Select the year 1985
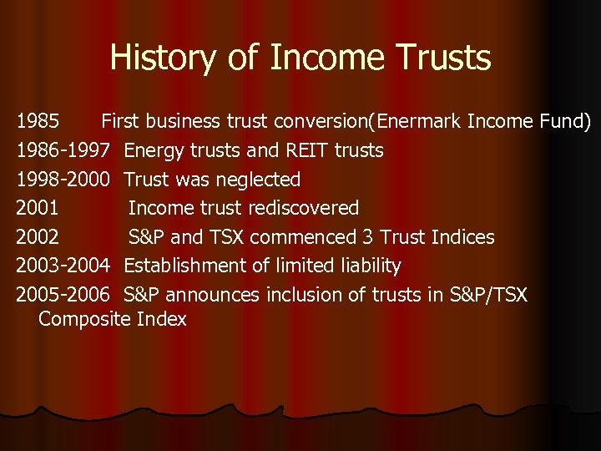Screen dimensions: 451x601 (x=38, y=122)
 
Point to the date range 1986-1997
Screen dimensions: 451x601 (x=63, y=151)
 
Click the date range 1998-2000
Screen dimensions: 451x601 (x=63, y=180)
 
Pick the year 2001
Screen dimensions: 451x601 (x=38, y=208)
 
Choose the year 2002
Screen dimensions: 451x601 (x=38, y=237)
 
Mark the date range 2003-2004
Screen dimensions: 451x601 (x=63, y=266)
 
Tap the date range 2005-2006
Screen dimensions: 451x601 (x=63, y=295)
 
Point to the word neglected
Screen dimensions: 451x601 (x=257, y=180)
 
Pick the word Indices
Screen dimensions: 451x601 (x=463, y=237)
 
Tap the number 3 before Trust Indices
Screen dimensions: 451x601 (x=368, y=237)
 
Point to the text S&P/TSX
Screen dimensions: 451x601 (x=488, y=295)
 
